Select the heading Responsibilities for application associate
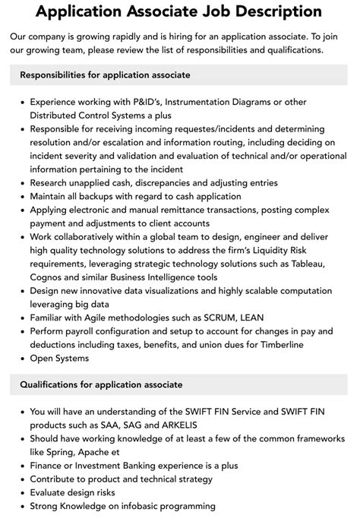105,75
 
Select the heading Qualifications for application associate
101,384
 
